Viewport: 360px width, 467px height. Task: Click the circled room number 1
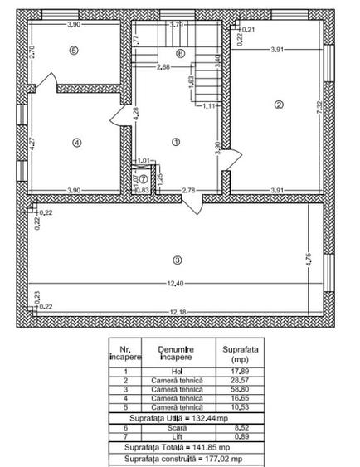click(x=175, y=142)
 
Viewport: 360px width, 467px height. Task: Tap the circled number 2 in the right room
click(x=279, y=105)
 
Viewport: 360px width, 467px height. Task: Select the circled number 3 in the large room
click(x=177, y=260)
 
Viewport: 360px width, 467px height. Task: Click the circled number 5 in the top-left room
click(x=74, y=51)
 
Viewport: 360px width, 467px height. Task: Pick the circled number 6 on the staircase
click(x=180, y=54)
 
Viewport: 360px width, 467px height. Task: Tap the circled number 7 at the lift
click(x=143, y=178)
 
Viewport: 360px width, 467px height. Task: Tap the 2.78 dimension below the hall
click(x=188, y=191)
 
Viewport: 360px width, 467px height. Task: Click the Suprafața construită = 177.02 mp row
click(x=178, y=457)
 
